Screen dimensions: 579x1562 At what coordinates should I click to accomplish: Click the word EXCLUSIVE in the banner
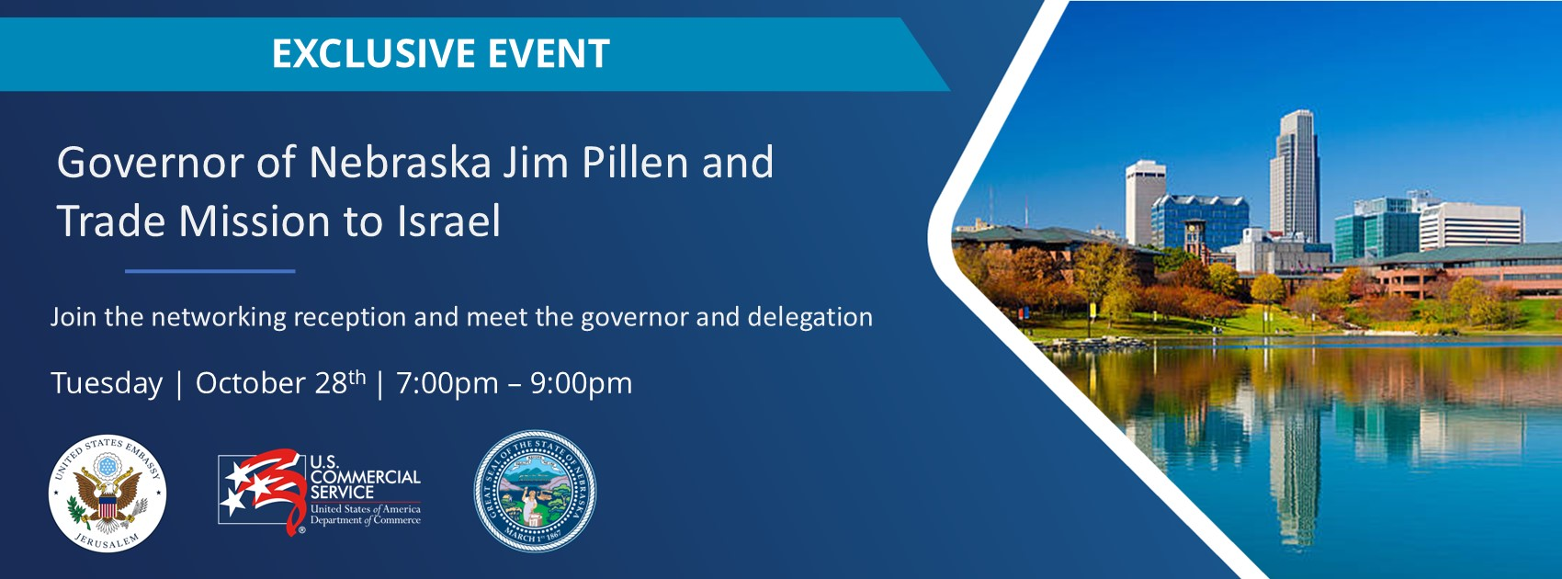pyautogui.click(x=373, y=54)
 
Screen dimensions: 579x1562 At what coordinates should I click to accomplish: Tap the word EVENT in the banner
pyautogui.click(x=549, y=54)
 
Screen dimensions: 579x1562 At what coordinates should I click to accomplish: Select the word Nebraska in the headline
pyautogui.click(x=400, y=163)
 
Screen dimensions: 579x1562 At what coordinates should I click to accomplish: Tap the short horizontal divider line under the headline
pyautogui.click(x=209, y=271)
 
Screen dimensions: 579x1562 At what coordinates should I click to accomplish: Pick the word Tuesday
pyautogui.click(x=107, y=383)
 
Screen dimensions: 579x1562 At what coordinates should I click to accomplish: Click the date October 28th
pyautogui.click(x=280, y=382)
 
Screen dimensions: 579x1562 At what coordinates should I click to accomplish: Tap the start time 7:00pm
pyautogui.click(x=447, y=383)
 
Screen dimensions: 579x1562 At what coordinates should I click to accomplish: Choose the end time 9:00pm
pyautogui.click(x=581, y=383)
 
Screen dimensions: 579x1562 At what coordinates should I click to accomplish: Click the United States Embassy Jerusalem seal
pyautogui.click(x=108, y=494)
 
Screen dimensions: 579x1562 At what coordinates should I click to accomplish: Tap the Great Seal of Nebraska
pyautogui.click(x=535, y=492)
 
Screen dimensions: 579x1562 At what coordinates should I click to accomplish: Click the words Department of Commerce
pyautogui.click(x=365, y=520)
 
